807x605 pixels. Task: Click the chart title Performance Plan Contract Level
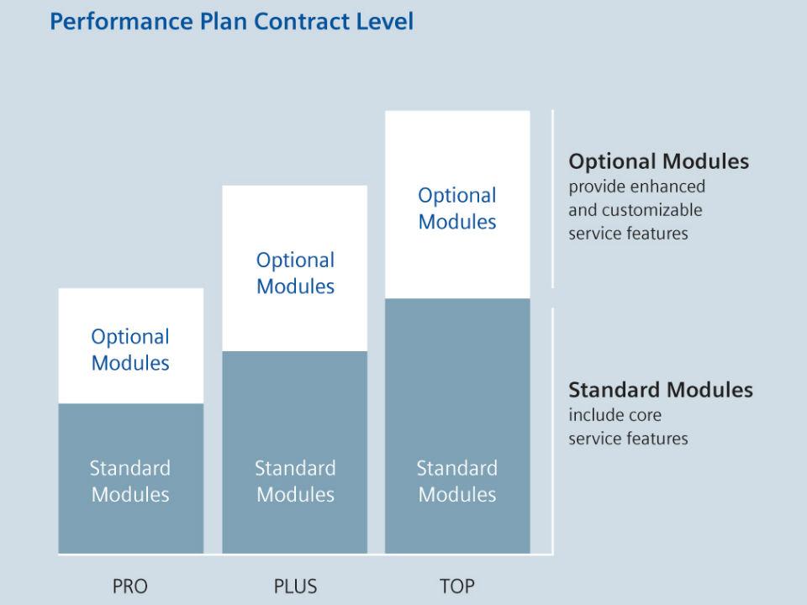pos(231,21)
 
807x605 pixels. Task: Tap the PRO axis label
pos(130,587)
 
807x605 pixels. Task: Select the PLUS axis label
pos(295,587)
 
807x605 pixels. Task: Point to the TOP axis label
pos(457,587)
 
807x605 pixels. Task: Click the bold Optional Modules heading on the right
pos(658,161)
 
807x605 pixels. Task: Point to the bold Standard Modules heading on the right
pos(661,390)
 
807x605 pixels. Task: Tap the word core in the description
pos(645,415)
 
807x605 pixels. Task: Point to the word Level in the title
pos(386,21)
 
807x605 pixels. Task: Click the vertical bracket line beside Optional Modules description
pos(552,199)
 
